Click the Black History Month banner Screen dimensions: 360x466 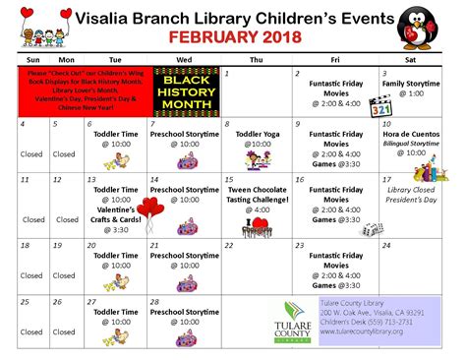coord(185,90)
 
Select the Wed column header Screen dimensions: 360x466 coord(185,58)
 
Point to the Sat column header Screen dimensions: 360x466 coord(411,58)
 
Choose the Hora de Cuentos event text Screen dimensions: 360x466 coord(411,134)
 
